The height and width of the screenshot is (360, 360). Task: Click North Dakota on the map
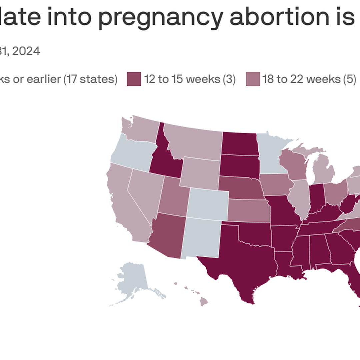[239, 143]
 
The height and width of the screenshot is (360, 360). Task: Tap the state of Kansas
[248, 211]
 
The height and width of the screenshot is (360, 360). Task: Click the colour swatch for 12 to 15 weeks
[134, 79]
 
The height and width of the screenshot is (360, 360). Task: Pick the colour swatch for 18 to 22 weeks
[253, 79]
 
